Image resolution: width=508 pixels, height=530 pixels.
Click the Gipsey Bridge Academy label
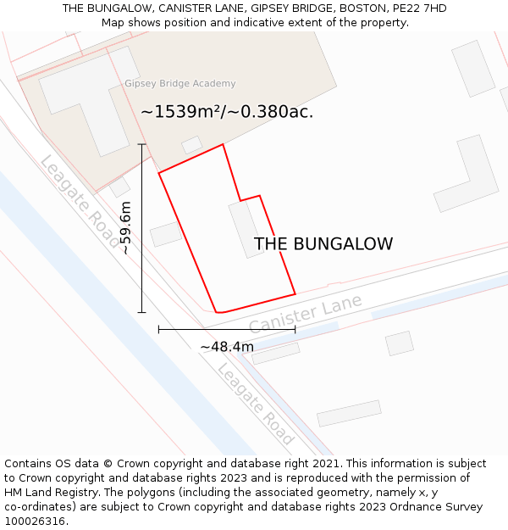coord(179,84)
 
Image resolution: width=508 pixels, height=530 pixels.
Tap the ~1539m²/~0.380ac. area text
coord(227,111)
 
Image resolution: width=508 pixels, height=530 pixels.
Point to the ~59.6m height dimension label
coord(125,228)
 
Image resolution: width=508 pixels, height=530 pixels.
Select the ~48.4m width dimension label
coord(226,347)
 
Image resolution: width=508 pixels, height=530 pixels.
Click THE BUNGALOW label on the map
coord(323,244)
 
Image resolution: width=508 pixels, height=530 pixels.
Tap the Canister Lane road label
coord(306,314)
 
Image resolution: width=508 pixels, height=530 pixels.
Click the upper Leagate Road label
coord(80,201)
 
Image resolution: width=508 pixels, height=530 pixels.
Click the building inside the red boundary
coord(246,229)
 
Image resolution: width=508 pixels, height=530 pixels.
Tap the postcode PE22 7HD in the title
coord(420,8)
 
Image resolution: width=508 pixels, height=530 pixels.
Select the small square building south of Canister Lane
coord(399,343)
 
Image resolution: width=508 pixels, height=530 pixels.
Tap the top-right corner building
coord(473,68)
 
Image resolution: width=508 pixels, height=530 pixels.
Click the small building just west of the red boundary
coord(167,233)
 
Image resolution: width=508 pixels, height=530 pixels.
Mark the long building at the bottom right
coord(349,413)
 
